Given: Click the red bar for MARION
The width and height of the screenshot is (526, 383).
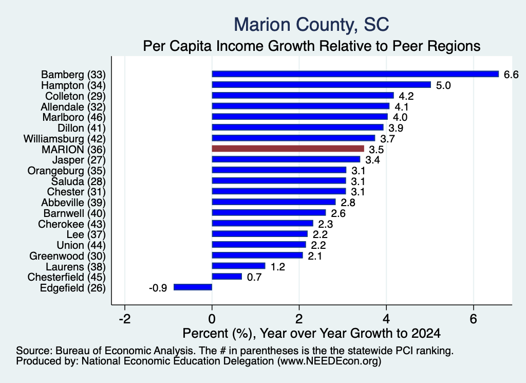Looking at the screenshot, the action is (288, 149).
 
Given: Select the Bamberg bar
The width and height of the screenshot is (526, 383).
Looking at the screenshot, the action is (355, 74).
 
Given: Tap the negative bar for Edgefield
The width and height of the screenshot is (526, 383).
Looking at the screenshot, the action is (193, 287).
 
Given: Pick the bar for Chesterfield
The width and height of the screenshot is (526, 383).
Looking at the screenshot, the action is (227, 277).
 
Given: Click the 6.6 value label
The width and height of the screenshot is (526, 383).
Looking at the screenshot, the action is (511, 74).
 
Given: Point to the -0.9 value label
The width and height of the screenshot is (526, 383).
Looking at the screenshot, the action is (158, 288).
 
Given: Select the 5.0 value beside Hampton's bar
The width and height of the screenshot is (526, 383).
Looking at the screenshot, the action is (443, 85).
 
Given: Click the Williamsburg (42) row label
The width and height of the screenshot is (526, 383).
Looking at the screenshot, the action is (64, 139).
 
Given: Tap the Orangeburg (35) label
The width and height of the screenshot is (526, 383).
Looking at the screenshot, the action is (66, 171).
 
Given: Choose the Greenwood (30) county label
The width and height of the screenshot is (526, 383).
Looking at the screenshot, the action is (67, 256).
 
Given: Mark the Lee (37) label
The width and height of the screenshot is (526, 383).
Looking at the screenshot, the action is (86, 234).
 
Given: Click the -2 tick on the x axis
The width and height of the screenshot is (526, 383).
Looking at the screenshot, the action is (125, 319).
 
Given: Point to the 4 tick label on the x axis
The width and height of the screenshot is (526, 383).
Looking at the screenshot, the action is (386, 319).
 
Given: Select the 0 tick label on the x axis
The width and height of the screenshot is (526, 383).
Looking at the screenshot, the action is (212, 319).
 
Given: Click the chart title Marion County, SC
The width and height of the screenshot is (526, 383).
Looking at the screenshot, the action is (311, 25).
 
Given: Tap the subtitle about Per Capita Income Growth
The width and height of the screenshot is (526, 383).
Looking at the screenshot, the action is (312, 46).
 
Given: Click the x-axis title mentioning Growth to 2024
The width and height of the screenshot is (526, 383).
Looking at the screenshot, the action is (311, 333).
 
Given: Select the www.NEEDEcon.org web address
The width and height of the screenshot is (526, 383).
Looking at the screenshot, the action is (329, 361).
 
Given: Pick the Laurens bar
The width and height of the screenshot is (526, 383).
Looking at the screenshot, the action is (238, 266).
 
